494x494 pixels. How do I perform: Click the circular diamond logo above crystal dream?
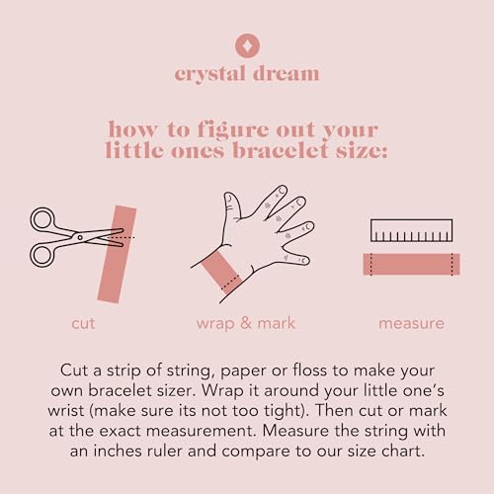pyautogui.click(x=247, y=45)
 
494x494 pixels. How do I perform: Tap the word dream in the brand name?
pyautogui.click(x=286, y=73)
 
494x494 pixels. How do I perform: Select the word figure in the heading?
pyautogui.click(x=235, y=129)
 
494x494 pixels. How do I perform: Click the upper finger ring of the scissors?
pyautogui.click(x=41, y=219)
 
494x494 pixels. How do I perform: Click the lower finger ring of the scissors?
pyautogui.click(x=41, y=255)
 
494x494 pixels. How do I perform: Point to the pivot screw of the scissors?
pyautogui.click(x=80, y=237)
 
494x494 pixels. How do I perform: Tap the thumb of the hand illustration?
pyautogui.click(x=232, y=206)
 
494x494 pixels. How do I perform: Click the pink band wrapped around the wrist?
pyautogui.click(x=222, y=273)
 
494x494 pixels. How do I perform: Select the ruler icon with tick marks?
pyautogui.click(x=411, y=230)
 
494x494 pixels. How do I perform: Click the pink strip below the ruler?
pyautogui.click(x=411, y=264)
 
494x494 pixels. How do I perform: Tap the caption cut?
pyautogui.click(x=83, y=323)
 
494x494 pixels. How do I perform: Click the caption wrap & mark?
pyautogui.click(x=246, y=323)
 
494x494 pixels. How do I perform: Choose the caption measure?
pyautogui.click(x=411, y=323)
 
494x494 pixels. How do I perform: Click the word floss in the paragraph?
pyautogui.click(x=310, y=370)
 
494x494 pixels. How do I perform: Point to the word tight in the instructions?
pyautogui.click(x=280, y=411)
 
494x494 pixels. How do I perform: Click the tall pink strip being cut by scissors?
pyautogui.click(x=117, y=254)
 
